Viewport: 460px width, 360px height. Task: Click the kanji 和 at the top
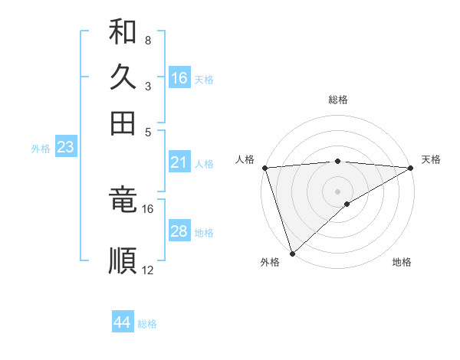123,33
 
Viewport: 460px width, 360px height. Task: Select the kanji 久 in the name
123,77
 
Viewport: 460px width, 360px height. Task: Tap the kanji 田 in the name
123,123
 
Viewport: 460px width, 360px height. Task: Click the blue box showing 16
179,78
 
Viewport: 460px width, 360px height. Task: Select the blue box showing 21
179,162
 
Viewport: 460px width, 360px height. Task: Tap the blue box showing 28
179,232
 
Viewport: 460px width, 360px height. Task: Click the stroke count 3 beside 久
147,86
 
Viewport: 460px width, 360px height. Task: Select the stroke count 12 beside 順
148,270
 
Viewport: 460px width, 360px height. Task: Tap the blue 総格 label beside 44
147,324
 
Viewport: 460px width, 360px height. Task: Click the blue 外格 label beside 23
41,149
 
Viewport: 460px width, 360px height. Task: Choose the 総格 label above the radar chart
337,100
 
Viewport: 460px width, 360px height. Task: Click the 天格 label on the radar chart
431,159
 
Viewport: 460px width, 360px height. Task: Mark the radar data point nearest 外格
292,253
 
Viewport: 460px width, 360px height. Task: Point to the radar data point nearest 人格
264,167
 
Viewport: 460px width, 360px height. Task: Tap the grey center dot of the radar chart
337,191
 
